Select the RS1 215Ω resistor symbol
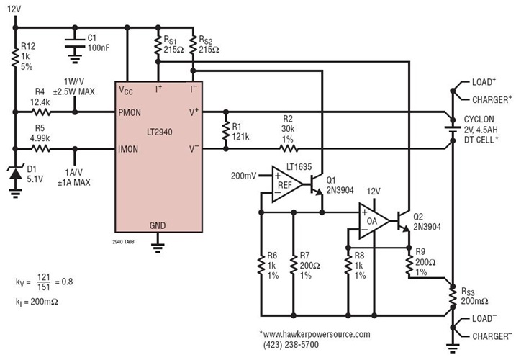tap(159, 48)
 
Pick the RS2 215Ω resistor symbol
tap(192, 48)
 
